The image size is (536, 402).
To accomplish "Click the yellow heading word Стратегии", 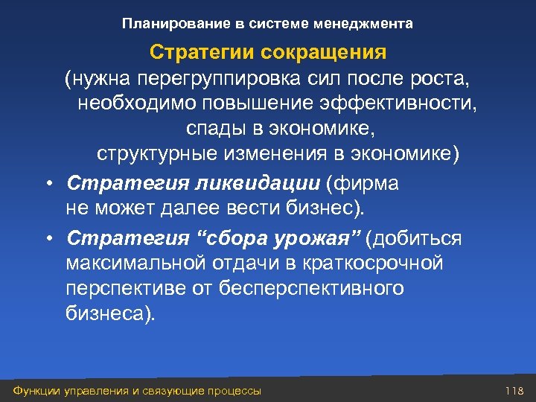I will tap(187, 54).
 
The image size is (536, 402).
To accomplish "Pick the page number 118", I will tap(514, 391).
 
